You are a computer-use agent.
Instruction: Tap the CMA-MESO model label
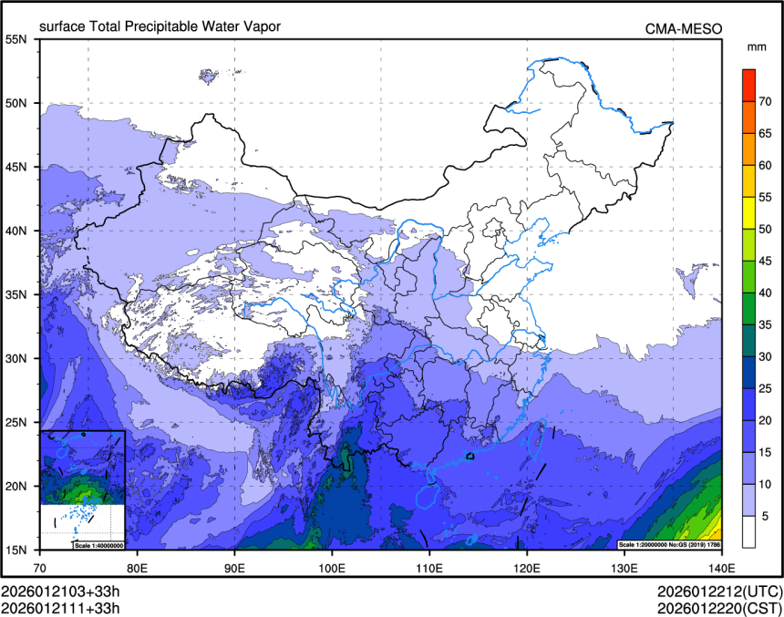684,28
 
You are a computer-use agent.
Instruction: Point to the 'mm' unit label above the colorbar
756,46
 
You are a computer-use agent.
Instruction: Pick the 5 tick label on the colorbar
763,516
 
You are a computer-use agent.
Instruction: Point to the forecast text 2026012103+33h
61,591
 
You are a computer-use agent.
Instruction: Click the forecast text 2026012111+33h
61,607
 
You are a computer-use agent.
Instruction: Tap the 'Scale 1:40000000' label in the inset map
98,544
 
